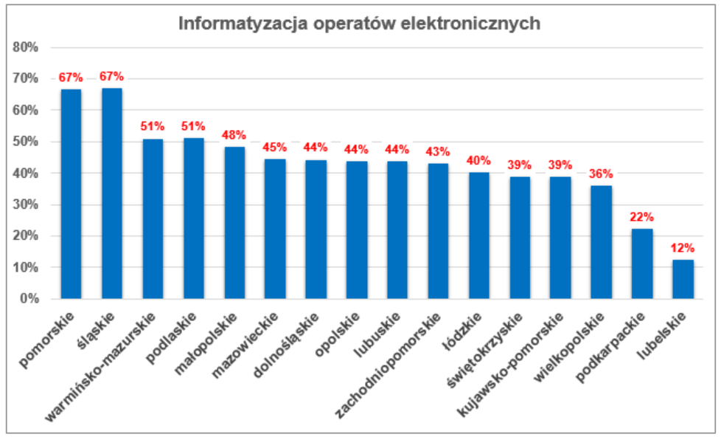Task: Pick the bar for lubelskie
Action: click(683, 279)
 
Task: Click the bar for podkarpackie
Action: click(642, 264)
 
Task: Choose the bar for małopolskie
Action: click(234, 222)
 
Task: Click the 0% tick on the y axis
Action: click(29, 299)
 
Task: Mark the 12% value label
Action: click(683, 248)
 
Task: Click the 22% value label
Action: click(642, 217)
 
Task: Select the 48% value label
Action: click(234, 135)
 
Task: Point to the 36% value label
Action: click(601, 173)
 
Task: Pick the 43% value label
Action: click(438, 151)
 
